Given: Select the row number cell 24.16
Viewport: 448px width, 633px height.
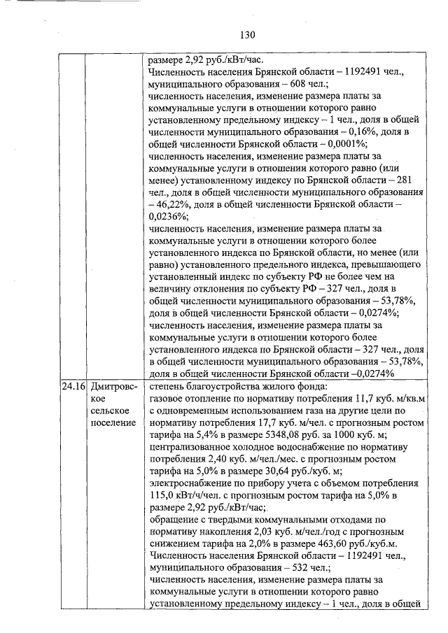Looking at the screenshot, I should [71, 385].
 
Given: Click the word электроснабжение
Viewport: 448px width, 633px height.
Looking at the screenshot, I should [191, 482].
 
